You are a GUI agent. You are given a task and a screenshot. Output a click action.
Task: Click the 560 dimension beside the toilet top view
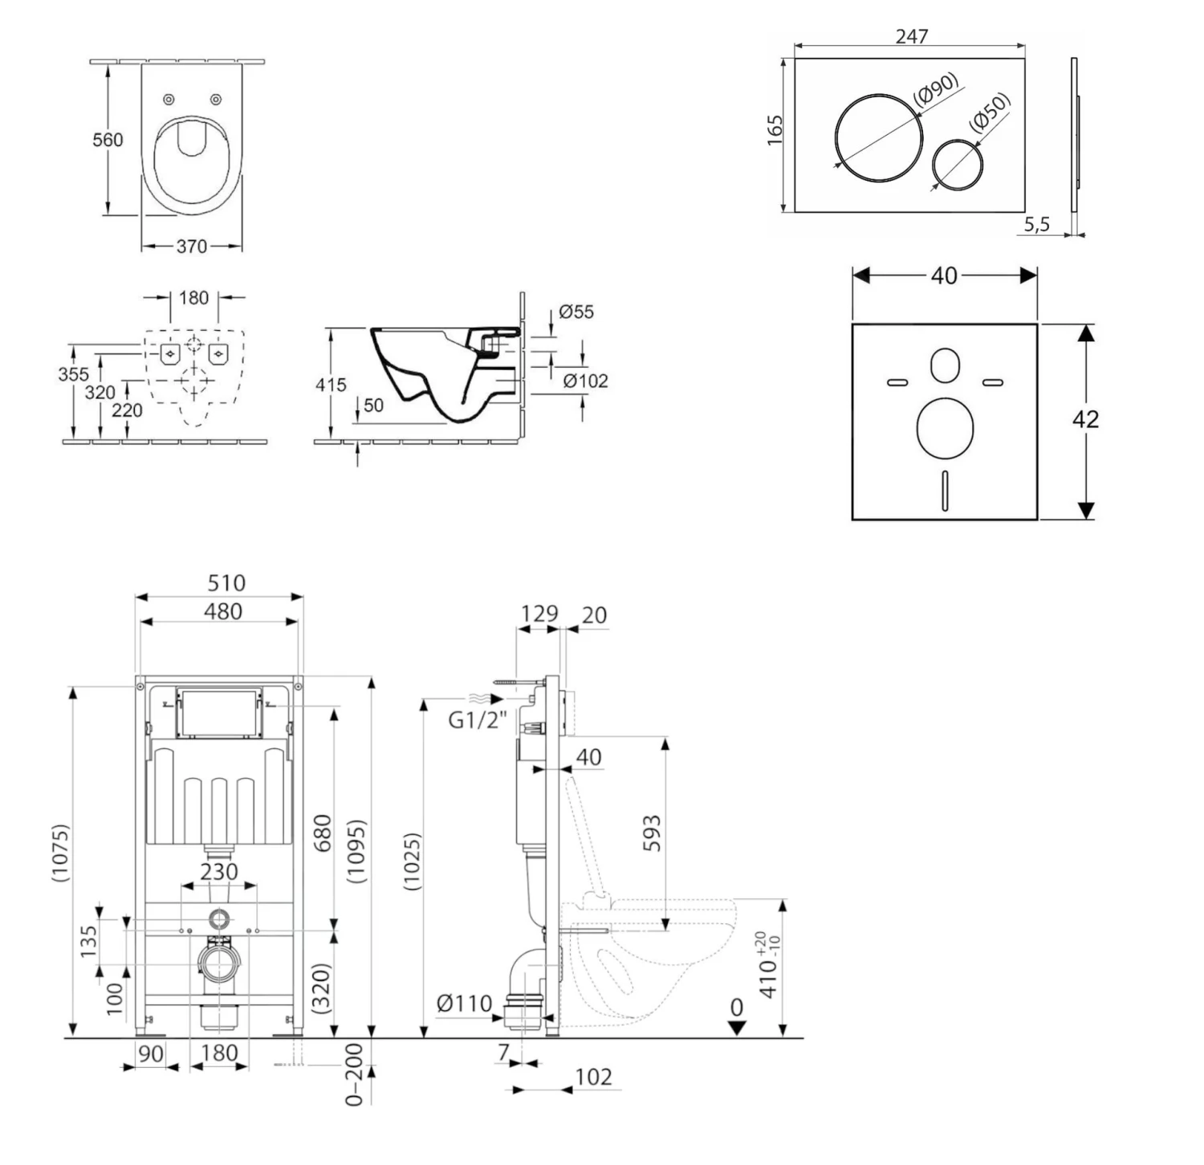click(x=108, y=140)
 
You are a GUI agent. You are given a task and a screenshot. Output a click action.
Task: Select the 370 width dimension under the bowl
click(x=192, y=246)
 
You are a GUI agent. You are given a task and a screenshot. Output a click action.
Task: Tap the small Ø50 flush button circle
click(x=958, y=165)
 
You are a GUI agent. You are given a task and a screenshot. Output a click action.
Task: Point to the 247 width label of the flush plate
click(x=911, y=37)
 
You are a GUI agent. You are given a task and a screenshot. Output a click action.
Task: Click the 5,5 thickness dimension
click(x=1036, y=225)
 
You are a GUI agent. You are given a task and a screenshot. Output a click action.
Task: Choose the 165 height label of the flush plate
click(x=775, y=130)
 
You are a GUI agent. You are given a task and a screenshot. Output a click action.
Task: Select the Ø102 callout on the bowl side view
click(x=585, y=381)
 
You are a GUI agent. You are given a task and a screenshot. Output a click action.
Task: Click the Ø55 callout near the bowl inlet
click(x=576, y=312)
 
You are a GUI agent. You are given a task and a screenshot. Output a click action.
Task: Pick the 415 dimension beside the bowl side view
click(x=330, y=385)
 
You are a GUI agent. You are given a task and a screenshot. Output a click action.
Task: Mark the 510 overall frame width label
click(x=226, y=583)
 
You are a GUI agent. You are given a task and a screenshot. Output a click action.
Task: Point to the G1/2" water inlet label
click(x=477, y=720)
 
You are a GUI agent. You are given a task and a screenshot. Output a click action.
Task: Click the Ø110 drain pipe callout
click(x=464, y=1004)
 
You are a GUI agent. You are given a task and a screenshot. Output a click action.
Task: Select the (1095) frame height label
click(x=356, y=851)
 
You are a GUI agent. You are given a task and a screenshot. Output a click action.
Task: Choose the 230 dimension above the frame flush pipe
click(x=219, y=871)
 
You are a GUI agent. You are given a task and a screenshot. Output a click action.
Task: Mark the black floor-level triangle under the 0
click(x=737, y=1028)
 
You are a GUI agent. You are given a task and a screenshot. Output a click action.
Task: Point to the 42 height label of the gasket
click(x=1085, y=419)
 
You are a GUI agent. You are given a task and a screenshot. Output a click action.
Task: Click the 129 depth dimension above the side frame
click(x=539, y=613)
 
